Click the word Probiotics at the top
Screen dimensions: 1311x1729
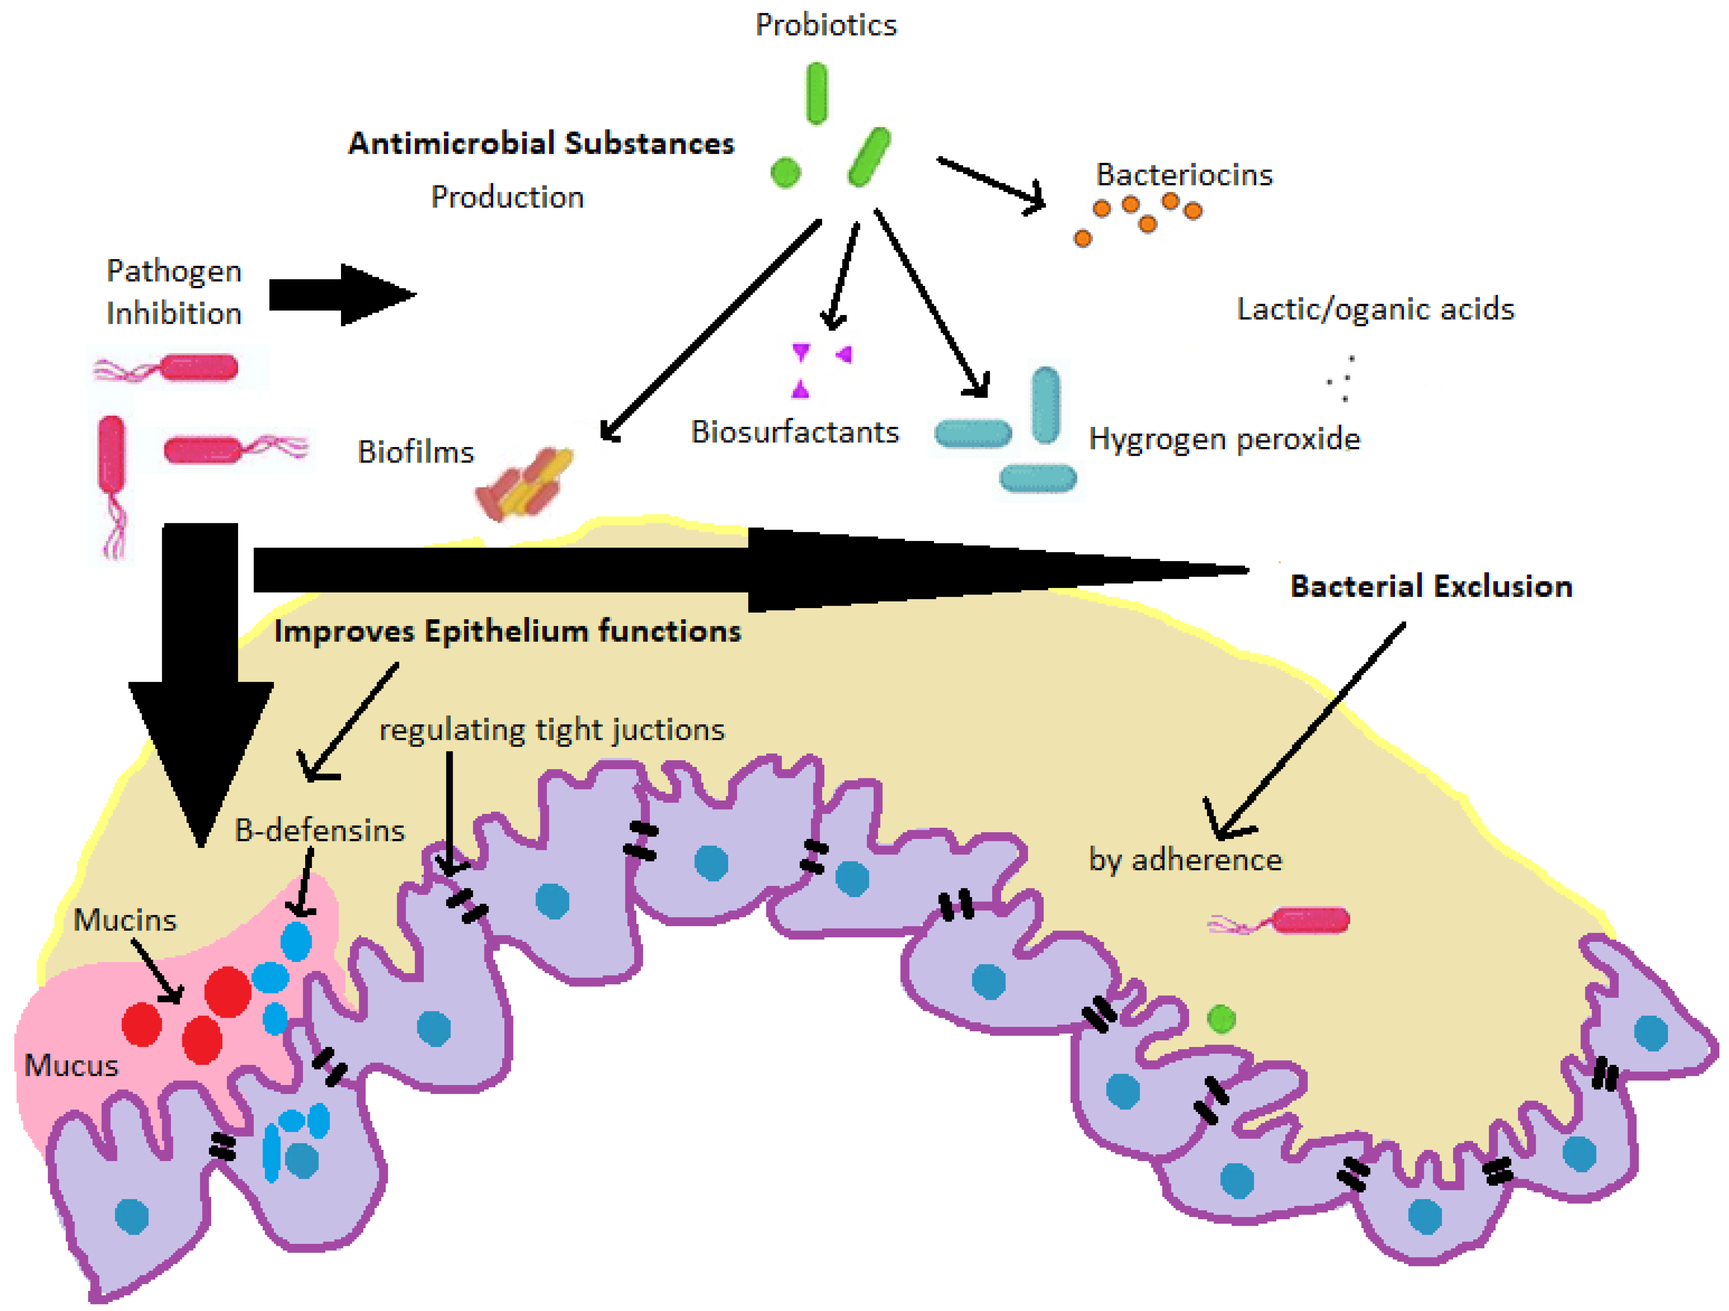pyautogui.click(x=825, y=25)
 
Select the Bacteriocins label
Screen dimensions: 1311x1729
pyautogui.click(x=1183, y=174)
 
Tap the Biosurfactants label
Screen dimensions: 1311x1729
pyautogui.click(x=795, y=431)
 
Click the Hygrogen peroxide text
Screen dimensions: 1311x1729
pyautogui.click(x=1224, y=438)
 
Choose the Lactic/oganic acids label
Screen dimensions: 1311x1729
pyautogui.click(x=1375, y=309)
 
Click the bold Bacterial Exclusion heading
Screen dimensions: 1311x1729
pyautogui.click(x=1430, y=585)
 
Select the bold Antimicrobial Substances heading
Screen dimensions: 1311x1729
pyautogui.click(x=541, y=143)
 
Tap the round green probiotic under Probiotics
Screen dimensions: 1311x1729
pyautogui.click(x=785, y=172)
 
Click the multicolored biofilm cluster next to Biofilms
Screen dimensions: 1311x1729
pyautogui.click(x=524, y=482)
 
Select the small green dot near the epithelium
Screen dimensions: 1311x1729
pyautogui.click(x=1221, y=1018)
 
